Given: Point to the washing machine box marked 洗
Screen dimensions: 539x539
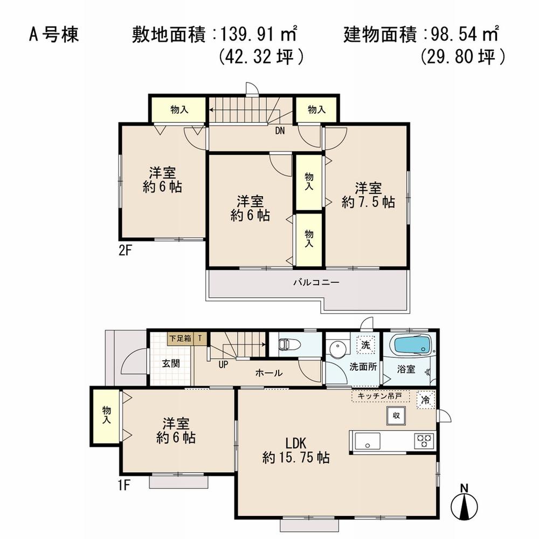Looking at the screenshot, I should point(365,345).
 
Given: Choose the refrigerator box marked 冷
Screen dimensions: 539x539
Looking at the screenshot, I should point(426,400).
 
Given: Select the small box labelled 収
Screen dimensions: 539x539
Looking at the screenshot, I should point(396,415).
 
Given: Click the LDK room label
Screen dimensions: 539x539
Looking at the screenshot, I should point(295,443).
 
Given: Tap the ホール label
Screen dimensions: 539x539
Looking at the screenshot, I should point(268,372).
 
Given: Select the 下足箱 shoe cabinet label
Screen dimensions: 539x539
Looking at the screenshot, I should point(179,339).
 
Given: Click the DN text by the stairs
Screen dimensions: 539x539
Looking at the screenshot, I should point(280,130).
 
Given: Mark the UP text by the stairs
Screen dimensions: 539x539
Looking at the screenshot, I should point(223,364).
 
